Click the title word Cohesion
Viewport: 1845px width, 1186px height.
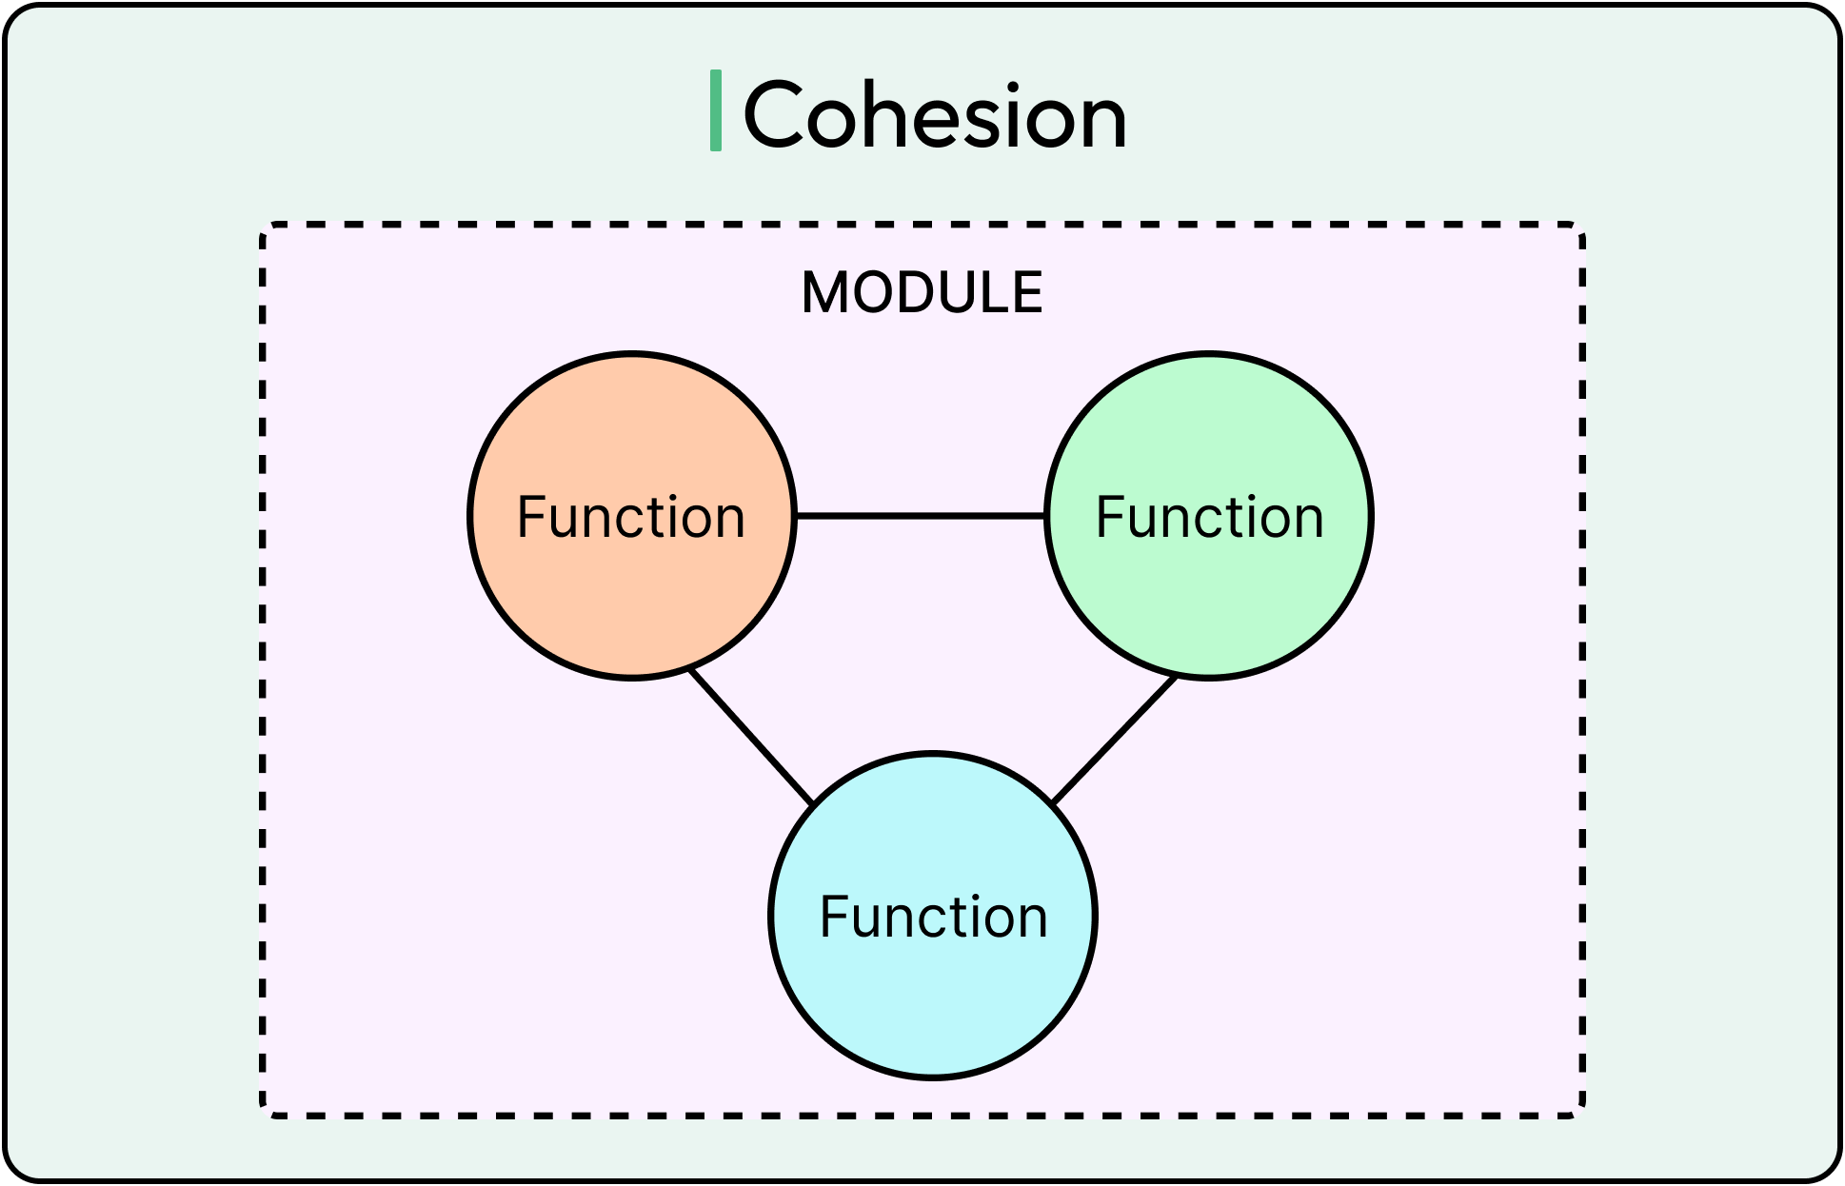pos(934,116)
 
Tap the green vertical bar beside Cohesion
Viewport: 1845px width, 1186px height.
pos(716,110)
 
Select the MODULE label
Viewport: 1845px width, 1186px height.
pos(922,292)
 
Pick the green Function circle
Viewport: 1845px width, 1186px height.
pos(1209,600)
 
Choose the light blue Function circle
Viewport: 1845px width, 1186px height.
pos(933,999)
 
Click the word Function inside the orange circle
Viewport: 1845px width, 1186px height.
pos(630,517)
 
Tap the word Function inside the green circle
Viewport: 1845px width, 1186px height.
pos(1209,517)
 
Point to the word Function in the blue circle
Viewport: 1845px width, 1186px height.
pos(933,917)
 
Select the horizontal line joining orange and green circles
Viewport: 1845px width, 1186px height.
pos(920,516)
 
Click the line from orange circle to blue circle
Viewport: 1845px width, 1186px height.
pos(751,737)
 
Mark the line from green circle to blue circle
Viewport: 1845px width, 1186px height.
pos(1114,740)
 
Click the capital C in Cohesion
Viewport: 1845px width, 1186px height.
pos(776,115)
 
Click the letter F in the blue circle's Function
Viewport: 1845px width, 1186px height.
pos(833,917)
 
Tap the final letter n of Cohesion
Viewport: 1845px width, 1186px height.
pos(1102,122)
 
